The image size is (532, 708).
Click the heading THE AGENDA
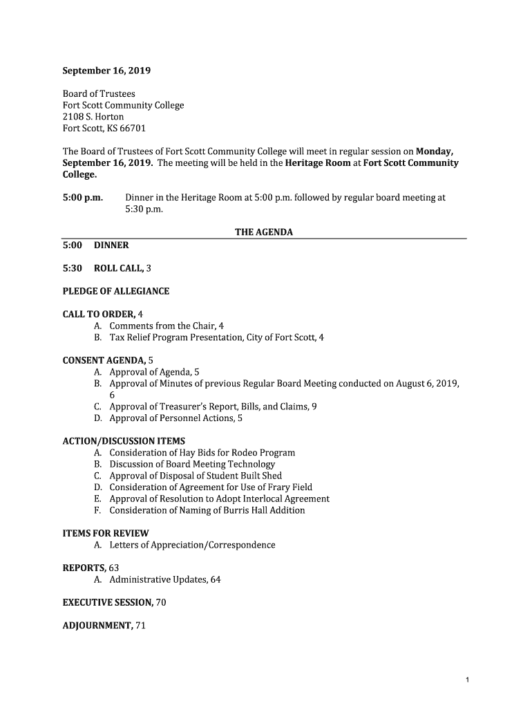[x=264, y=232]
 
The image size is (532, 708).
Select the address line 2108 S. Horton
[x=93, y=117]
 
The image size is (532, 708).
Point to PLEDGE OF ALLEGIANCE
[x=116, y=291]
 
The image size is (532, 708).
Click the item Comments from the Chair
[x=162, y=326]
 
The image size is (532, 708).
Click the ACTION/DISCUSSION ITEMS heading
[x=124, y=441]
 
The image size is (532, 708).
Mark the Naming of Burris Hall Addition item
[x=207, y=510]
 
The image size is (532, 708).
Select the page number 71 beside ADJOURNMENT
[x=140, y=626]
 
